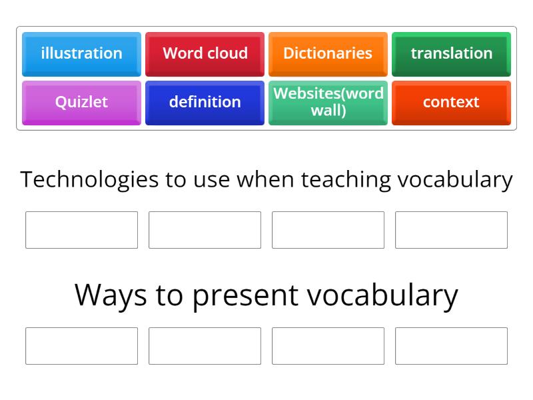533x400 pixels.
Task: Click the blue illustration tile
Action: pos(81,53)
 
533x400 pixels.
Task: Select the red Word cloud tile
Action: pos(205,53)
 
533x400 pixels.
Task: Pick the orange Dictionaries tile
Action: pos(328,53)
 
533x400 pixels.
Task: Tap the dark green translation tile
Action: pos(451,53)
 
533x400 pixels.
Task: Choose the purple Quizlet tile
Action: pos(81,102)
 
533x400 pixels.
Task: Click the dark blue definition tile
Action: pos(205,102)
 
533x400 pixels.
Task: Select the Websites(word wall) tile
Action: pos(328,102)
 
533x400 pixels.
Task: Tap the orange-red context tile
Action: pos(451,102)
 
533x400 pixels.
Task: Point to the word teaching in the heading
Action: pos(346,180)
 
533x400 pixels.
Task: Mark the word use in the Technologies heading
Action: pos(212,180)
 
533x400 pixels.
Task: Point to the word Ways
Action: pos(111,295)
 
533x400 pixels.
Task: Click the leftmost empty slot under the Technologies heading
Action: pos(81,230)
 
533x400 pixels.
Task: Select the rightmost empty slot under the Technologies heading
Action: pos(451,230)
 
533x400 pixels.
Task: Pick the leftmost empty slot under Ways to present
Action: pos(81,346)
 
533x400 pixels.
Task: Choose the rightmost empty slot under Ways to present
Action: pos(451,346)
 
